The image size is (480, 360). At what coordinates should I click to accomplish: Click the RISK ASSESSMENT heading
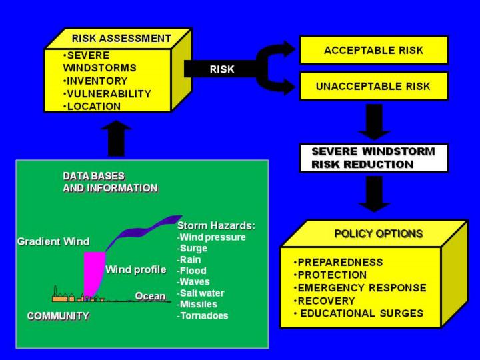[121, 38]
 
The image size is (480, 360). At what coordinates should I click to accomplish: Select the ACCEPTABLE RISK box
[373, 50]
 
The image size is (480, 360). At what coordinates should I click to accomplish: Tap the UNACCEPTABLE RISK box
[373, 86]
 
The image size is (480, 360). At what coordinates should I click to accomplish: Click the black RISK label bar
[221, 68]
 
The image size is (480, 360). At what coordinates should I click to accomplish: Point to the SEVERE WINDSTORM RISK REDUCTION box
[373, 157]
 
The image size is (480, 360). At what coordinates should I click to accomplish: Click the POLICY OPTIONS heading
[378, 233]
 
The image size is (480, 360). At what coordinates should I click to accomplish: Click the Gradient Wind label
[53, 241]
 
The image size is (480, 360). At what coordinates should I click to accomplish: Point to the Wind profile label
[135, 269]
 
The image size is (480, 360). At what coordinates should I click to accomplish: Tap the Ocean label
[150, 295]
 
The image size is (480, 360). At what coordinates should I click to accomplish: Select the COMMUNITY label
[58, 316]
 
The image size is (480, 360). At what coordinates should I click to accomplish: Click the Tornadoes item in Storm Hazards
[203, 315]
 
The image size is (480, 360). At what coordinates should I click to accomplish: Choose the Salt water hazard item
[201, 293]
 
